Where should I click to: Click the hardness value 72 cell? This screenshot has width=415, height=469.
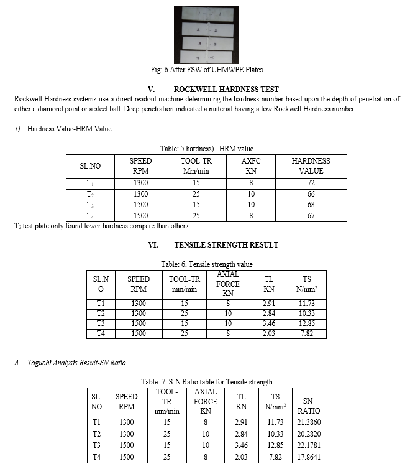tap(311, 183)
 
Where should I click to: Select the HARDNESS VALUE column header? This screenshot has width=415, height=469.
tap(311, 165)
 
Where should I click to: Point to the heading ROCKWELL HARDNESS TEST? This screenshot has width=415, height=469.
tap(226, 90)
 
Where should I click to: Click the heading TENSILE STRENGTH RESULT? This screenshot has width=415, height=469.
tap(231, 245)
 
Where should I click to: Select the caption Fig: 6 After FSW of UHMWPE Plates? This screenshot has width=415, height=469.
tap(207, 69)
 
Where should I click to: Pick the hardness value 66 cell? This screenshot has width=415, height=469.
tap(311, 194)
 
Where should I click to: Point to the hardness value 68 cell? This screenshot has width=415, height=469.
tap(311, 205)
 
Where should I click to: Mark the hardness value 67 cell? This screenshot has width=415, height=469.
tap(311, 216)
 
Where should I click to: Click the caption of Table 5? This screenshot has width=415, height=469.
tap(207, 149)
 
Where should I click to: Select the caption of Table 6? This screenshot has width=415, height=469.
tap(207, 264)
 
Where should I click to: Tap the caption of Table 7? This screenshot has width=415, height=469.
tap(207, 382)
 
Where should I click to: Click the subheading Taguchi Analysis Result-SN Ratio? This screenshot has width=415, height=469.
tap(73, 362)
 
